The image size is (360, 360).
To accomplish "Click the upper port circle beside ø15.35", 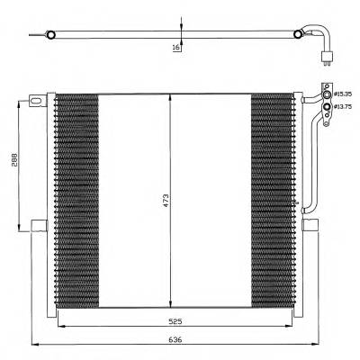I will [327, 94].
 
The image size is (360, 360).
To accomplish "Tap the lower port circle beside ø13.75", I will [327, 108].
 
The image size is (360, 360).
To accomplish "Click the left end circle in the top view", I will [50, 36].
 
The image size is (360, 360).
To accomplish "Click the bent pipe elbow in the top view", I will [321, 39].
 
